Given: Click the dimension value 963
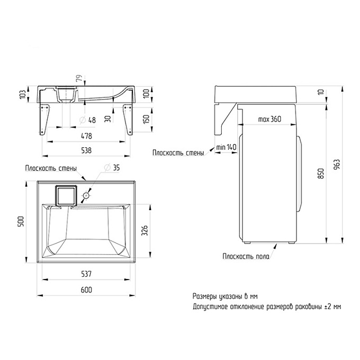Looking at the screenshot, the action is click(x=337, y=165).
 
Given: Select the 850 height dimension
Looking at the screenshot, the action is click(x=321, y=173).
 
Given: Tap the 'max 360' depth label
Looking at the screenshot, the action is click(x=269, y=119).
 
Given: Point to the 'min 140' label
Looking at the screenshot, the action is click(x=226, y=147).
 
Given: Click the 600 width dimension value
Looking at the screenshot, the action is click(x=86, y=290).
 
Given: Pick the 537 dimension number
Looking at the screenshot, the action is click(x=86, y=274).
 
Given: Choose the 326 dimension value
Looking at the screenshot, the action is click(x=145, y=230).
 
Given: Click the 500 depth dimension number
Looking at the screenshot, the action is click(x=21, y=221).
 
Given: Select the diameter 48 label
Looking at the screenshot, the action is click(x=87, y=120).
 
